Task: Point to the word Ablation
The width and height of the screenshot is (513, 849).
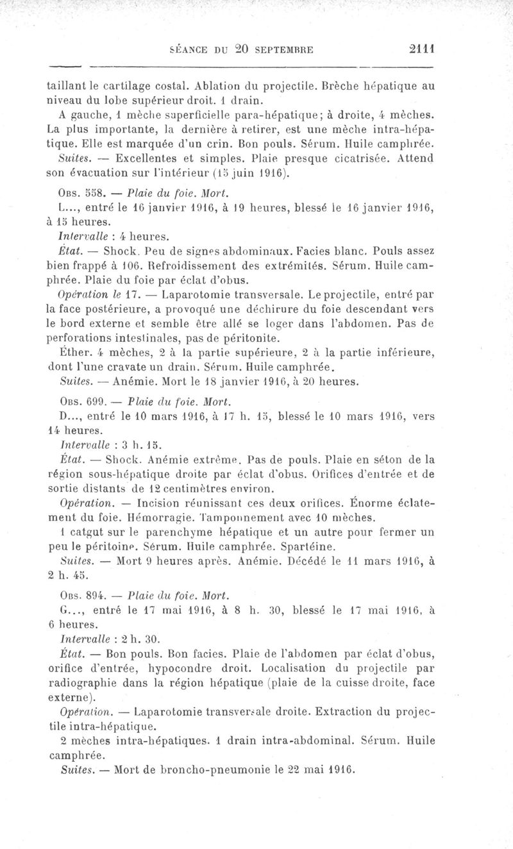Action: (x=206, y=84)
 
